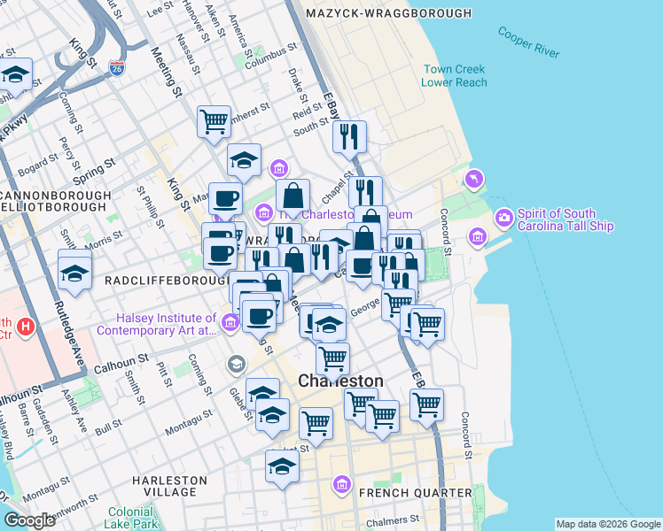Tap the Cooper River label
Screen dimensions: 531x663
(x=528, y=42)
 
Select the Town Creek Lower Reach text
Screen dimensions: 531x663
(x=455, y=75)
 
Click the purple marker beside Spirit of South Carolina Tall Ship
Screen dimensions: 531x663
(x=504, y=217)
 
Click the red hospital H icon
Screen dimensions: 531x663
(x=26, y=327)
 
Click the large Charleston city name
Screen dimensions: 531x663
(x=340, y=381)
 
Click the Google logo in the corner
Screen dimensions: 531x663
(x=29, y=520)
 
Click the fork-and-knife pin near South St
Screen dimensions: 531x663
(x=349, y=135)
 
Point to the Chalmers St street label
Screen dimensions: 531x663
(x=394, y=519)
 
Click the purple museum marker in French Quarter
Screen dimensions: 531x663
(x=342, y=484)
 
